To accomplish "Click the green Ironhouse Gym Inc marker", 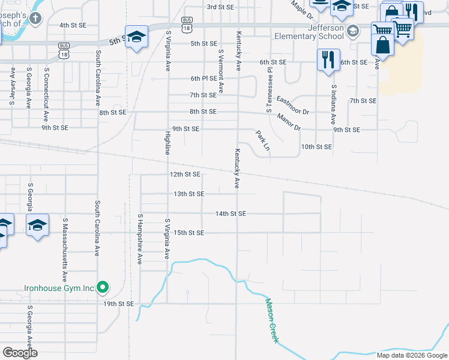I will pyautogui.click(x=103, y=288).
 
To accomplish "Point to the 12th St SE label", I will pyautogui.click(x=184, y=175).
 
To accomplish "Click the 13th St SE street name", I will pyautogui.click(x=189, y=194).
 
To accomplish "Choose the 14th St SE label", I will pyautogui.click(x=231, y=214).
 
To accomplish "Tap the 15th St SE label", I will pyautogui.click(x=189, y=233).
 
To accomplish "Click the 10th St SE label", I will pyautogui.click(x=316, y=147).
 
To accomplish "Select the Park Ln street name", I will pyautogui.click(x=262, y=140).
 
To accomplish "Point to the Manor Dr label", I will pyautogui.click(x=289, y=122).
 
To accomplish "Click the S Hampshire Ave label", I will pyautogui.click(x=139, y=239).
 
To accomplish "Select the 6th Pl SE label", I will pyautogui.click(x=203, y=79).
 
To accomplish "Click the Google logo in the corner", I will pyautogui.click(x=20, y=353).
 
